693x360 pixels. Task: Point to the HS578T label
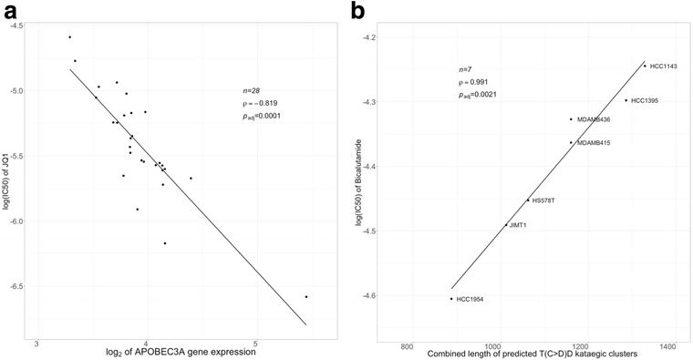pyautogui.click(x=544, y=201)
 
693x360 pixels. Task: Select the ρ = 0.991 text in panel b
pyautogui.click(x=477, y=81)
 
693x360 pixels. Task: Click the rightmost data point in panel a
pyautogui.click(x=305, y=297)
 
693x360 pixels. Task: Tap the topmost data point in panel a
pyautogui.click(x=69, y=37)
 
